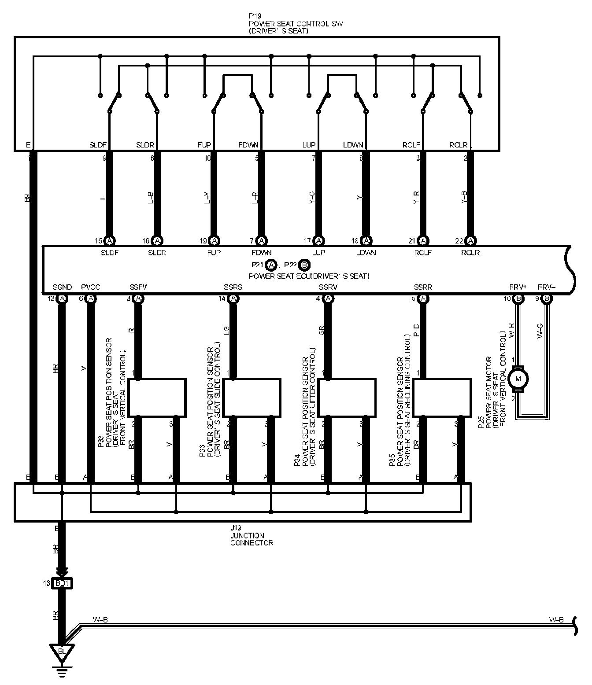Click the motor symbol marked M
[518, 379]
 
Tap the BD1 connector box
[62, 583]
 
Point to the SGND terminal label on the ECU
[62, 287]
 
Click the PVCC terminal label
[91, 287]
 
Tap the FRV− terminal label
[547, 287]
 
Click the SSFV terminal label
[138, 287]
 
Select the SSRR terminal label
[423, 287]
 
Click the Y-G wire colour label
[312, 199]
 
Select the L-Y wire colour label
[207, 199]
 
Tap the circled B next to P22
[304, 265]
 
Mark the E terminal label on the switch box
[28, 145]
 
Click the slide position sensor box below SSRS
[252, 397]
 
